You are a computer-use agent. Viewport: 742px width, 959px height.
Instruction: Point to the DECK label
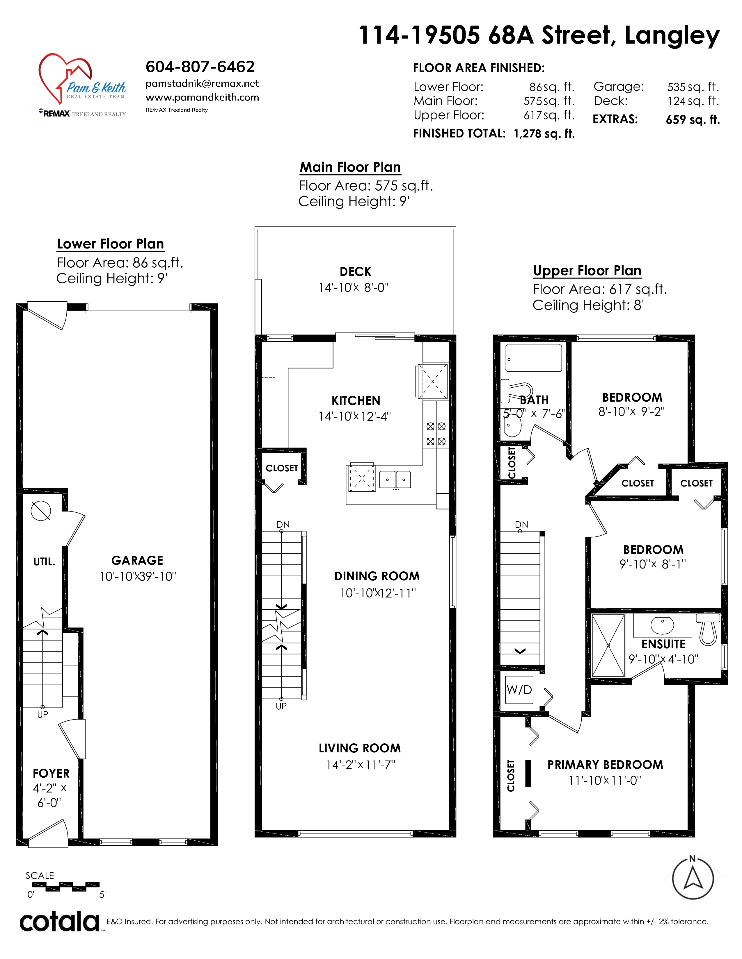pyautogui.click(x=355, y=272)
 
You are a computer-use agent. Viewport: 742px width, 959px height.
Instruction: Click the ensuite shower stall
pyautogui.click(x=608, y=645)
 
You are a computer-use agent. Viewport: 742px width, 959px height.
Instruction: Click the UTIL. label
pyautogui.click(x=45, y=562)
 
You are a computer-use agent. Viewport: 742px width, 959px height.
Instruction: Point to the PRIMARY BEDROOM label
pyautogui.click(x=605, y=765)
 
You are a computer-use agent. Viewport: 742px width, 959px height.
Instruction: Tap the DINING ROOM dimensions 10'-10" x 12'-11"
pyautogui.click(x=378, y=593)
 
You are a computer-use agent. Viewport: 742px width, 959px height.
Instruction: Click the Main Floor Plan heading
pyautogui.click(x=350, y=167)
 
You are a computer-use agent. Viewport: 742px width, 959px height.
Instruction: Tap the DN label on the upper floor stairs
pyautogui.click(x=521, y=525)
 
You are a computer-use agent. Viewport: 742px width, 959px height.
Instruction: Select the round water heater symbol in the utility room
pyautogui.click(x=41, y=511)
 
